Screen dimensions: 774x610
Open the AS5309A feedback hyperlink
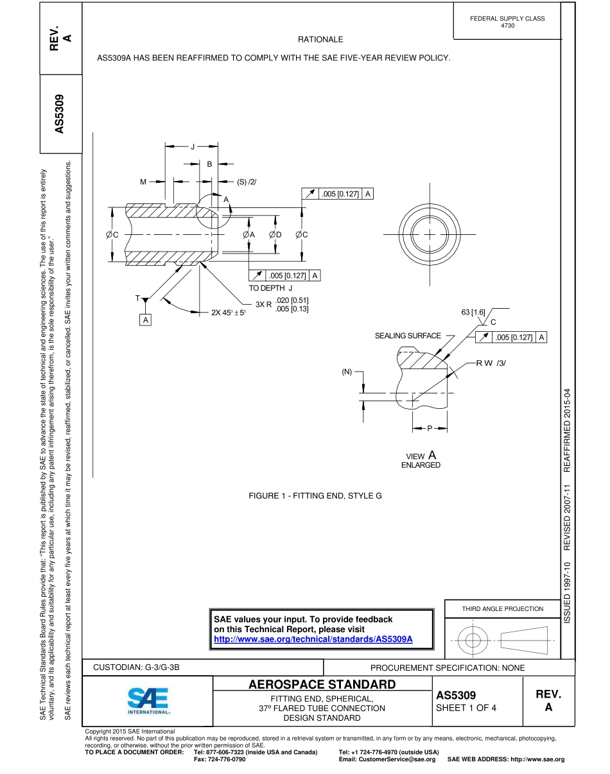313,639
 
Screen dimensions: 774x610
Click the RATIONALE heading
326,40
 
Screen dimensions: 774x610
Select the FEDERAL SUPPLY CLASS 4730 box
507,22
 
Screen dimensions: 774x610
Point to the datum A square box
146,319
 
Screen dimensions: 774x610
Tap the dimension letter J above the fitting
192,147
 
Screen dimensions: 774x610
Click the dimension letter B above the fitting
209,164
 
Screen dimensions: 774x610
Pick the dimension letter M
143,182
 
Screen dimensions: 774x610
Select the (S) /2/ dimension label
247,182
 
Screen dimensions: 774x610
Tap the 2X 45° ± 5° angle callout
229,313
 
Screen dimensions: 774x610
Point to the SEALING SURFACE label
408,336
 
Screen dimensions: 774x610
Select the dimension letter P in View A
430,427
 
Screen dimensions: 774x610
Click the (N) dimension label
347,372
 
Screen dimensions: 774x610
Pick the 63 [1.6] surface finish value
473,312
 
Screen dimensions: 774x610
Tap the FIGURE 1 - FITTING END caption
315,496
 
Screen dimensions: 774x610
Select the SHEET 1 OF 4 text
466,708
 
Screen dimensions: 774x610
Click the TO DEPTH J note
270,288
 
